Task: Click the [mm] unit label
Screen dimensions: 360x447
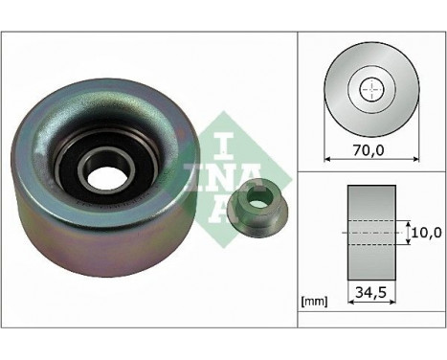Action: pyautogui.click(x=315, y=302)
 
